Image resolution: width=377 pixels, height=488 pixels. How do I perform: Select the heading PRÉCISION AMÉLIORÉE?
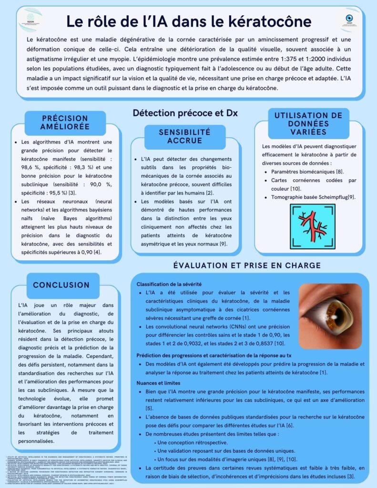(x=65, y=122)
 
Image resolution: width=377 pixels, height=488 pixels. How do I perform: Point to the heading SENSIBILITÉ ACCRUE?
(x=184, y=136)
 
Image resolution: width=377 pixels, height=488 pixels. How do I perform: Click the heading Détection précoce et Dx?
(x=185, y=113)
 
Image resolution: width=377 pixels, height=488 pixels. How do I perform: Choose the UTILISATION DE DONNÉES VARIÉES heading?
(x=308, y=123)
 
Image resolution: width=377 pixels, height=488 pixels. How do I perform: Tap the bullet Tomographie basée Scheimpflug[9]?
(x=313, y=197)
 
